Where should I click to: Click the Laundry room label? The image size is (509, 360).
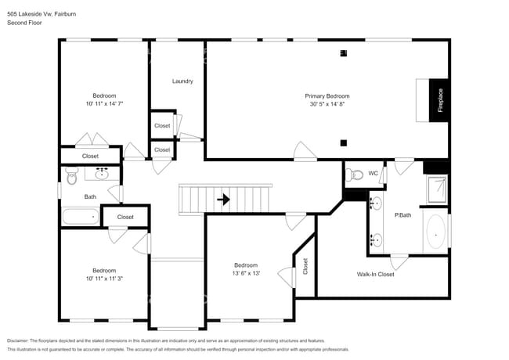point(182,81)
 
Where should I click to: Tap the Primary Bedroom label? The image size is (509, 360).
point(327,95)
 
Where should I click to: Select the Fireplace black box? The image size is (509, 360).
point(439,101)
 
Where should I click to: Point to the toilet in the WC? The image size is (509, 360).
point(354,175)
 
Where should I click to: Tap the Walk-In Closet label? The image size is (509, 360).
point(375,275)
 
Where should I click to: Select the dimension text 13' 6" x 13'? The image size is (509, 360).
point(246,274)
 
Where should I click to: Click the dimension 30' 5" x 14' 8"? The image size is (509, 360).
point(327,104)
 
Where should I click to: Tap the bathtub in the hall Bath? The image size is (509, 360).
point(81,216)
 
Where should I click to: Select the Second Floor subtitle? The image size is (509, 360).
point(24,23)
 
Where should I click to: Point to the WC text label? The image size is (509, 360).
point(373,173)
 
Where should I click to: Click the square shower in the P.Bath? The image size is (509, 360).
point(437,189)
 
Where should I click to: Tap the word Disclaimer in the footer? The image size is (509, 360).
point(22,341)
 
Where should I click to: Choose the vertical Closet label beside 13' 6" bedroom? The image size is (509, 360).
point(305,267)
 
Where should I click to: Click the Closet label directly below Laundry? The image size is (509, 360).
point(162,125)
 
